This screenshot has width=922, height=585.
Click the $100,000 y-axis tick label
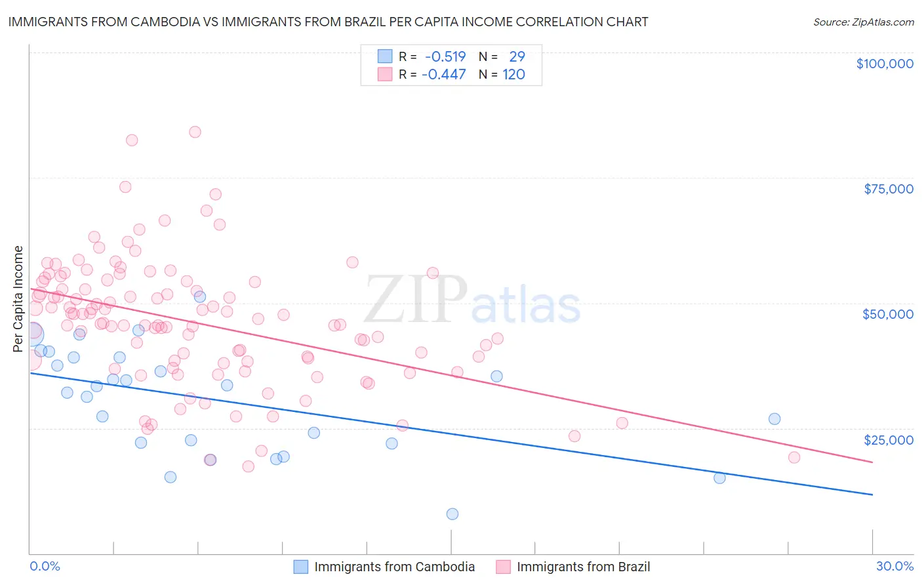pos(885,64)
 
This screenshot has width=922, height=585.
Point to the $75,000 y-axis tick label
pos(889,189)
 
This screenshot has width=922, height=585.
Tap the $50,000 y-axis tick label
pos(888,314)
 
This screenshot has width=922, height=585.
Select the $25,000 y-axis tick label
pos(889,439)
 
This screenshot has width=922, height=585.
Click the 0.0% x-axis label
pos(45,566)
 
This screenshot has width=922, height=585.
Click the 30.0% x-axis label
pos(894,566)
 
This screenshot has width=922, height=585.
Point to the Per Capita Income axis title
pos(18,299)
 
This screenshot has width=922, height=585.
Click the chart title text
pos(328,22)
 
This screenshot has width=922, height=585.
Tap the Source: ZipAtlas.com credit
pos(863,22)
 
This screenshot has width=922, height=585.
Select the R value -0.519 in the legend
pos(445,56)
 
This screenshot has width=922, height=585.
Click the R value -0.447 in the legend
pos(443,74)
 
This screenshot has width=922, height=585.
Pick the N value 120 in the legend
pos(513,74)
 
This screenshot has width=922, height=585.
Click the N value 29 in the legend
pos(517,56)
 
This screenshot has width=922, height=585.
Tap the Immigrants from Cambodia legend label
pos(394,567)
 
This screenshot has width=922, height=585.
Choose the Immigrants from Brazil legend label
pos(583,567)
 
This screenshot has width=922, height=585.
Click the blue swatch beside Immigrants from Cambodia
pos(300,567)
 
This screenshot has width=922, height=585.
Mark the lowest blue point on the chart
pos(452,514)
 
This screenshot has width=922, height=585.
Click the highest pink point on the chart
pos(195,132)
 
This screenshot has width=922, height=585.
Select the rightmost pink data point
pos(794,457)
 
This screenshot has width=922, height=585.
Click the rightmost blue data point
pos(774,419)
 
